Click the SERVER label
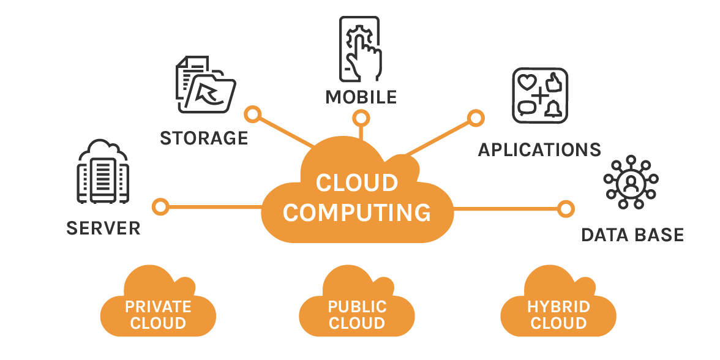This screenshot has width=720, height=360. [x=103, y=228]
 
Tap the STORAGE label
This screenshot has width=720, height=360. [x=204, y=138]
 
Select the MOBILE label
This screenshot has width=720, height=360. [x=361, y=97]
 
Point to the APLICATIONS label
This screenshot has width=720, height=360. [x=539, y=150]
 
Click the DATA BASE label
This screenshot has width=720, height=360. [x=632, y=234]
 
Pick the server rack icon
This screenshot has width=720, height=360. [x=102, y=173]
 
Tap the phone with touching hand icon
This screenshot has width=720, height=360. [x=361, y=49]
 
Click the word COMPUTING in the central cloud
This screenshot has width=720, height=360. [x=357, y=212]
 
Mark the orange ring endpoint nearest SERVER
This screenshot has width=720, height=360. [x=160, y=206]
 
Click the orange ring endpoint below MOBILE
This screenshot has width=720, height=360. [x=361, y=118]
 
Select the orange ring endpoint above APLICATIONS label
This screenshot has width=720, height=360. [x=475, y=118]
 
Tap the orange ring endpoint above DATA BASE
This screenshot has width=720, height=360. [x=566, y=208]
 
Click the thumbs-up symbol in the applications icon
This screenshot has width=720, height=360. [x=553, y=82]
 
